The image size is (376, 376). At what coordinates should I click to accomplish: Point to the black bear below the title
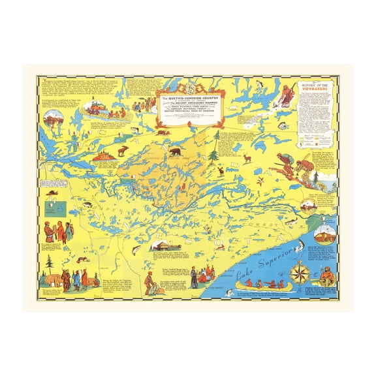[175, 152]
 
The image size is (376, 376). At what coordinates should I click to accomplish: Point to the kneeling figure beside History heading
[286, 95]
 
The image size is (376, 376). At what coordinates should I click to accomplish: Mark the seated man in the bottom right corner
[326, 278]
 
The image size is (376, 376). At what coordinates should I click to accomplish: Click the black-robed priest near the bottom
[194, 275]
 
